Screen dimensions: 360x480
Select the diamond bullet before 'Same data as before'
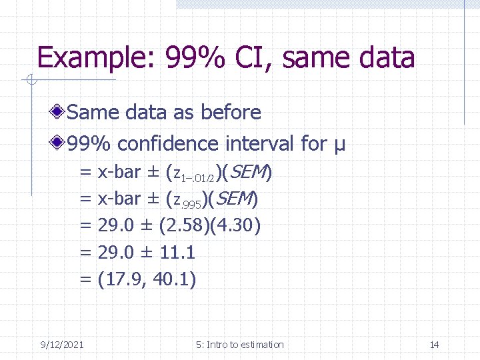tap(60, 112)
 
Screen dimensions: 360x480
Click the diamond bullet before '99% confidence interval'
tap(60, 143)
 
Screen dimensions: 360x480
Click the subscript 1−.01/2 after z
tap(199, 177)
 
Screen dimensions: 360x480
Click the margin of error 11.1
tap(177, 252)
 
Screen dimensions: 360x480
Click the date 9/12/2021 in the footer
tap(61, 345)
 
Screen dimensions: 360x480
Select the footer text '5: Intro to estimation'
tap(239, 345)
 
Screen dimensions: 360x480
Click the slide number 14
tap(434, 345)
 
